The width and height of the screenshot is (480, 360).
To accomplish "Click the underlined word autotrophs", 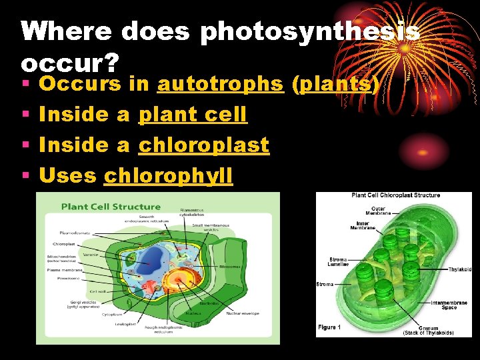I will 220,84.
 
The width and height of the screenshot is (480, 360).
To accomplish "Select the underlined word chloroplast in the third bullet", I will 203,145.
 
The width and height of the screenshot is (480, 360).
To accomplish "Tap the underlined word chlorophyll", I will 169,175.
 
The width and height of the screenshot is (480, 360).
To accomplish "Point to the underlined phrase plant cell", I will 193,115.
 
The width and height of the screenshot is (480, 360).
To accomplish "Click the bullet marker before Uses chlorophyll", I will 25,175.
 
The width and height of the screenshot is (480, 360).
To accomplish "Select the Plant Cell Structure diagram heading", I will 111,207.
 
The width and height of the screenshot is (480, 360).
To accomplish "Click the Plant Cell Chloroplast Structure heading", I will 395,195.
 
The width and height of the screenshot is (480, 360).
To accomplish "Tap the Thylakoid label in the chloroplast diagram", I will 459,269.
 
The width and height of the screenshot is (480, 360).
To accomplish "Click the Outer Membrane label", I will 378,211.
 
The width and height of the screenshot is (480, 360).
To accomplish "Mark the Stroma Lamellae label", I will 338,263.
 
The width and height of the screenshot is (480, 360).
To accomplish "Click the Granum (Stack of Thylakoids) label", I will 428,330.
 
